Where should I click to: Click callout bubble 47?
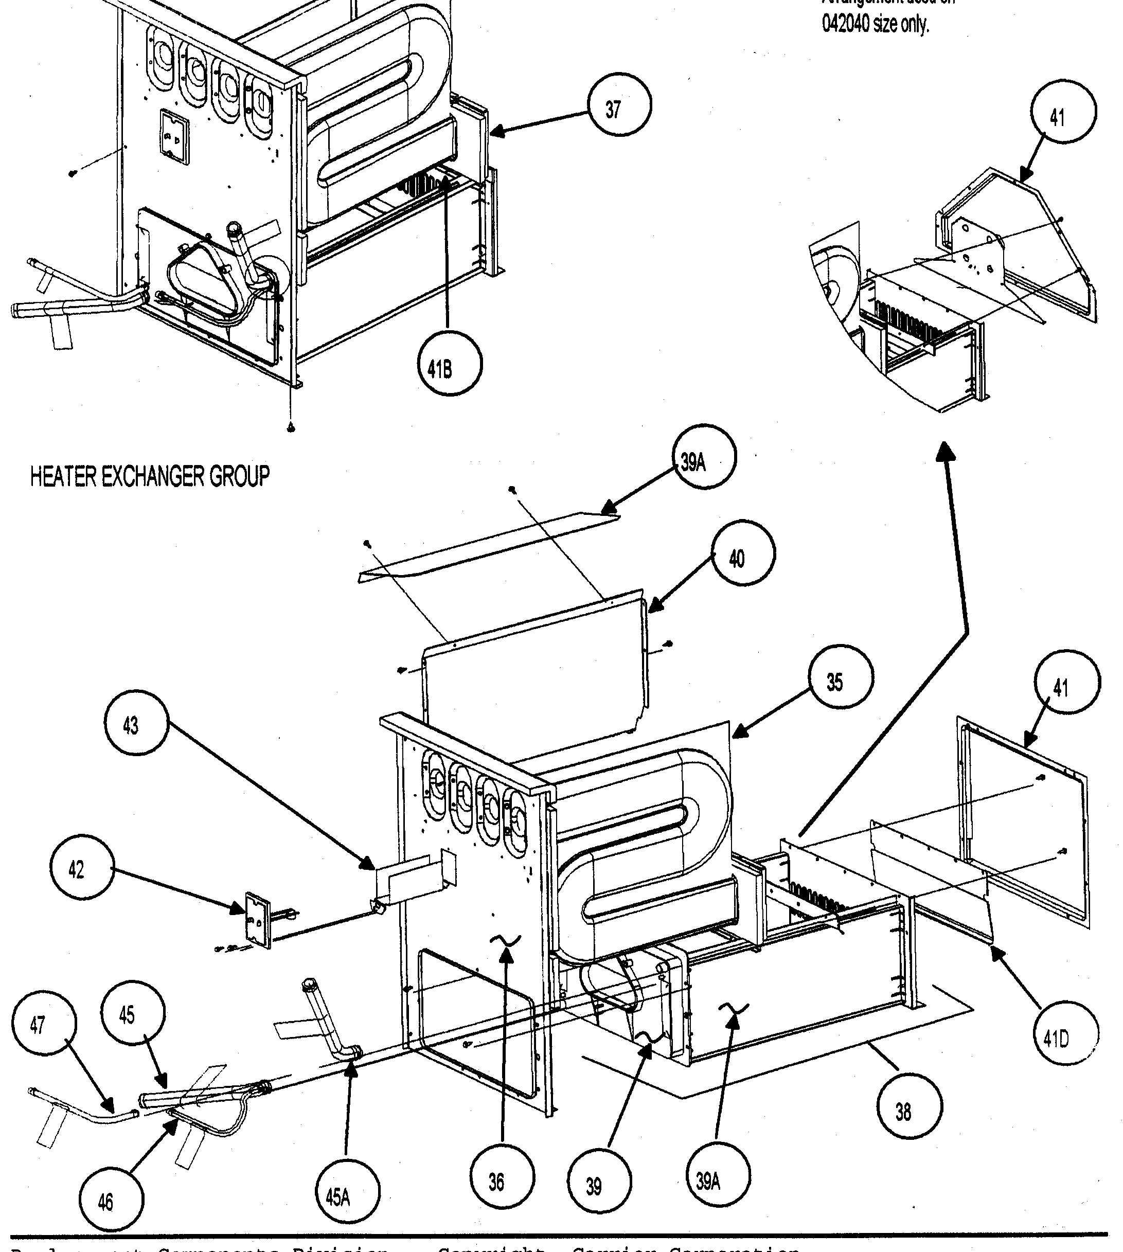pyautogui.click(x=43, y=1025)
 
